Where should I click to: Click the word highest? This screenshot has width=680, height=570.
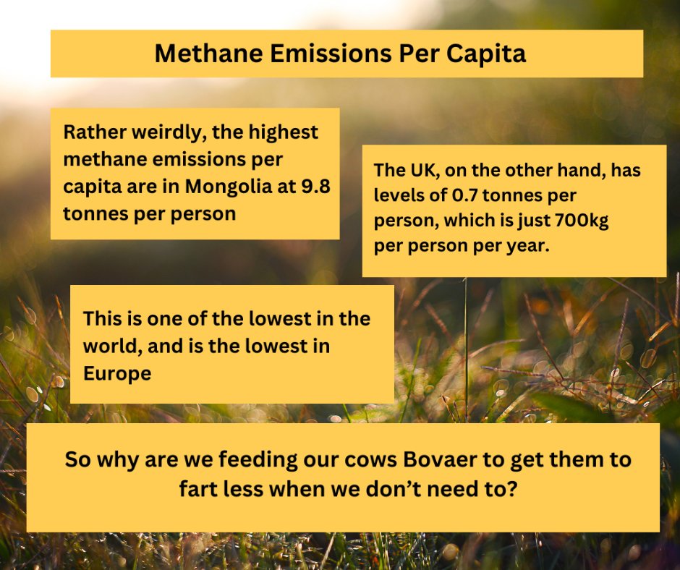283,133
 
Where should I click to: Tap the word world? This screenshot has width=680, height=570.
111,346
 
